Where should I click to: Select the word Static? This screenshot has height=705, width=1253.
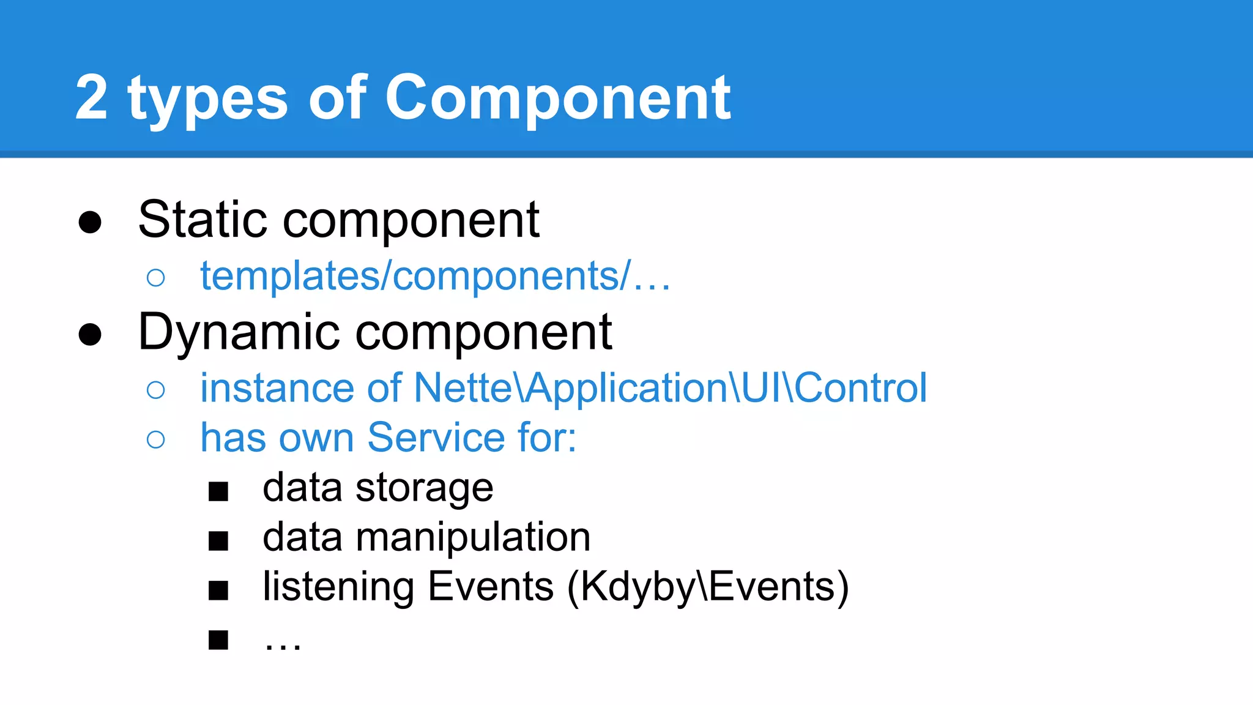[203, 220]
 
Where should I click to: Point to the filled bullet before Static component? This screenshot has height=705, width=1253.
[90, 222]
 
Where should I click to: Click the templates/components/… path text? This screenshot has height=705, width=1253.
[435, 277]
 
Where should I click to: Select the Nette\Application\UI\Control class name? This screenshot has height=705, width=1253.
[671, 388]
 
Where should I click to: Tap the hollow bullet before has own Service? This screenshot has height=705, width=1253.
[156, 439]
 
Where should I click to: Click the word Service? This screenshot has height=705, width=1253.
[436, 438]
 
